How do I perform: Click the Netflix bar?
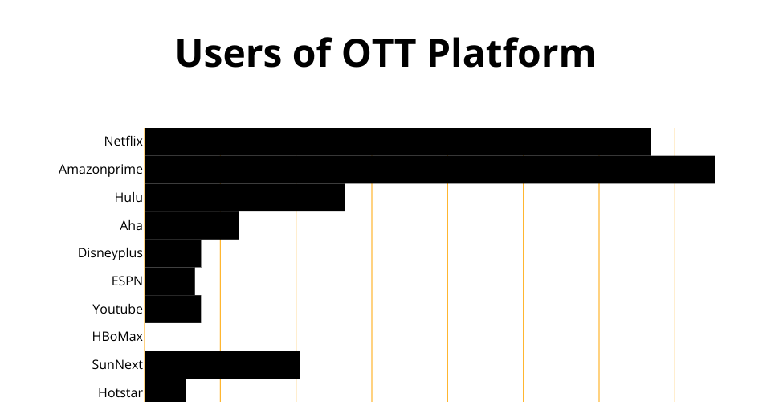[x=398, y=142]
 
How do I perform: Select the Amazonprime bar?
[x=430, y=170]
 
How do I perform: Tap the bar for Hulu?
[x=245, y=198]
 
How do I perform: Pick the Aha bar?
[x=192, y=226]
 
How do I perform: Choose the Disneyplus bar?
[x=173, y=253]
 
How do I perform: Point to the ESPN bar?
[x=169, y=281]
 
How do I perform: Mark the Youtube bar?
[x=173, y=310]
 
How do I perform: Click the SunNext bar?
[x=222, y=365]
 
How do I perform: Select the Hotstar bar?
[x=165, y=391]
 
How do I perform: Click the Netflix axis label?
[x=124, y=142]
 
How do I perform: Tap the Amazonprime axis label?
[x=101, y=170]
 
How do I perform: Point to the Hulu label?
[x=128, y=197]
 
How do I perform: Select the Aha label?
[x=131, y=225]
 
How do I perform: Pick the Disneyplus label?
[x=110, y=253]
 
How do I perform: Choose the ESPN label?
[x=127, y=281]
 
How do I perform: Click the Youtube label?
[x=117, y=309]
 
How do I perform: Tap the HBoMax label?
[x=117, y=337]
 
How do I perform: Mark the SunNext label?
[x=117, y=364]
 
